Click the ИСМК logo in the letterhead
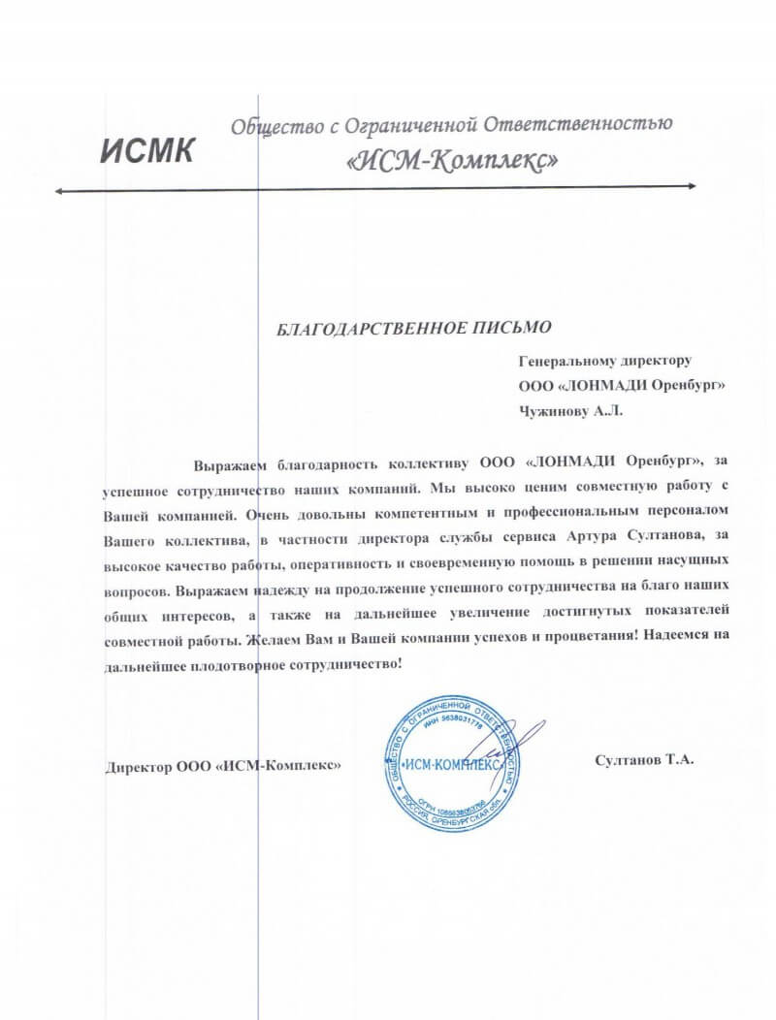148,150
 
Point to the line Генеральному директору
604,361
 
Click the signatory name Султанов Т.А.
645,761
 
